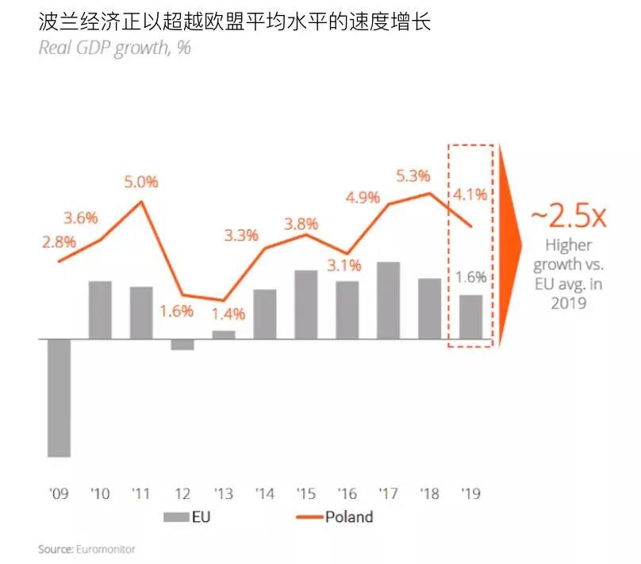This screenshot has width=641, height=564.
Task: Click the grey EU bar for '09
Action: point(59,398)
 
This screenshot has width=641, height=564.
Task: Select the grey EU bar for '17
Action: point(388,300)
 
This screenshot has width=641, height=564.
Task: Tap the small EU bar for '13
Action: point(224,334)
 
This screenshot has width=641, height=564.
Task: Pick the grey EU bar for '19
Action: point(470,317)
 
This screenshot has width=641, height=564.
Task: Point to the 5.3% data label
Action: point(413,176)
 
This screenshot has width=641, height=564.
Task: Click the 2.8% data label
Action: point(59,241)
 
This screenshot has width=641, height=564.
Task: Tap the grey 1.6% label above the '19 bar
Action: point(471,277)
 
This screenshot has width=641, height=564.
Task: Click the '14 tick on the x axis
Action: point(265,494)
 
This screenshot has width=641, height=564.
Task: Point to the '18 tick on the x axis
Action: point(429,494)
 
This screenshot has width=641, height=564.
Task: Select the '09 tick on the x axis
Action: point(59,494)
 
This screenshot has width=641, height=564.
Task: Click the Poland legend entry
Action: point(348,517)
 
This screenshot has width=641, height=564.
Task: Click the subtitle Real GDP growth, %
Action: point(114,48)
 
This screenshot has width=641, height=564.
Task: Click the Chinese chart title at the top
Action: point(234,22)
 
